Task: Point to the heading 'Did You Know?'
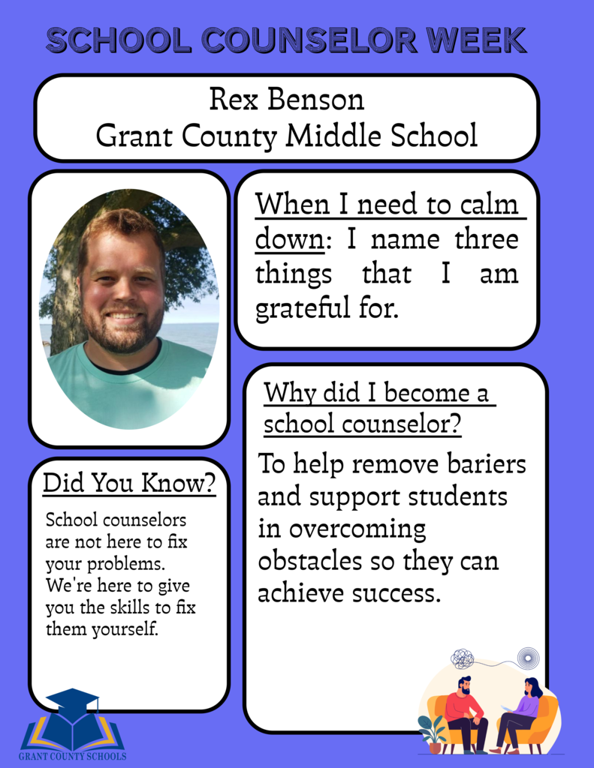[x=129, y=483]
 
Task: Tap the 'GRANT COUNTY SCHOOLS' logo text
[x=73, y=756]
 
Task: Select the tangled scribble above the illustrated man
[x=462, y=658]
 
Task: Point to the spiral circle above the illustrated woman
[x=528, y=657]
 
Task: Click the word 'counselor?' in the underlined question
[x=402, y=425]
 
